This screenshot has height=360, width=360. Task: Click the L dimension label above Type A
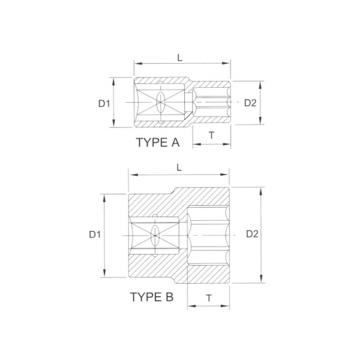click(x=180, y=58)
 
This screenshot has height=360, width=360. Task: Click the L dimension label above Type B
click(x=179, y=168)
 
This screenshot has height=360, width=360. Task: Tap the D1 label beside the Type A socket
click(x=104, y=104)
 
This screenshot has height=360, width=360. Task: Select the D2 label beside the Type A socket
click(x=250, y=103)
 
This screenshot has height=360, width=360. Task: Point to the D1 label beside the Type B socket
click(x=95, y=235)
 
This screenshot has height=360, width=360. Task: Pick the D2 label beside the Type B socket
click(x=253, y=234)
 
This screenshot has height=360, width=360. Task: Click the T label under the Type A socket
click(x=211, y=136)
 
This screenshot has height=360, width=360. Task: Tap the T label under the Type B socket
click(x=209, y=298)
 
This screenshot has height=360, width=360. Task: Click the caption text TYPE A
click(x=158, y=142)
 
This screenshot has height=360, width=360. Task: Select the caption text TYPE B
click(x=152, y=297)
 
